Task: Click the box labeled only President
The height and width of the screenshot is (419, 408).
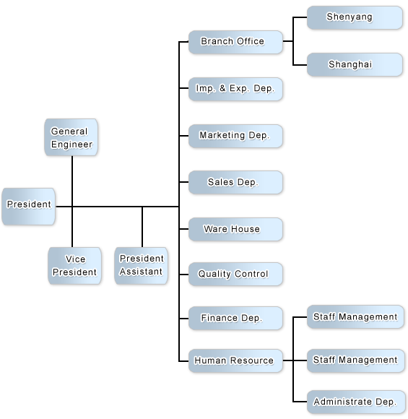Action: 28,207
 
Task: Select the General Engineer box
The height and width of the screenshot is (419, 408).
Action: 71,137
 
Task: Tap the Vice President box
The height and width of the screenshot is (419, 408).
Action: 74,266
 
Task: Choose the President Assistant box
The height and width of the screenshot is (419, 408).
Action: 141,266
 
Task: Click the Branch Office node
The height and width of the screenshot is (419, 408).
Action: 235,42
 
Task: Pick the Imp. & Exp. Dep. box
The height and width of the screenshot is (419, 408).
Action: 235,90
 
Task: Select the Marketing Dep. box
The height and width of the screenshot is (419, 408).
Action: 235,136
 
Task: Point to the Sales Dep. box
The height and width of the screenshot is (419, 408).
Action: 235,183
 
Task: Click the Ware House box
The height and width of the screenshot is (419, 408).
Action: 235,230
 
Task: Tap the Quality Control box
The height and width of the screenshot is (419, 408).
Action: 235,275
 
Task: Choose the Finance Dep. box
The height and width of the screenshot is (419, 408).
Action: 235,319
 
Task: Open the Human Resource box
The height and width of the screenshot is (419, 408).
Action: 235,360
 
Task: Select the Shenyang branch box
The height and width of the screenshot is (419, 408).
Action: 355,17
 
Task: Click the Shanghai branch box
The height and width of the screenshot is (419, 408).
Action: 355,65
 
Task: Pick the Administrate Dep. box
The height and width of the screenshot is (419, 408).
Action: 355,402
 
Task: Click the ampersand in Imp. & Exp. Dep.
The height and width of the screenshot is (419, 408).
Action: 222,88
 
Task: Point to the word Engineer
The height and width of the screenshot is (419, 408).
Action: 71,144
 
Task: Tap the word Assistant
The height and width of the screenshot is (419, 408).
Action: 141,272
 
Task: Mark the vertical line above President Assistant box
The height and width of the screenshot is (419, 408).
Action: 142,227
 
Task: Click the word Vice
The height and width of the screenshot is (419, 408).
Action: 75,259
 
